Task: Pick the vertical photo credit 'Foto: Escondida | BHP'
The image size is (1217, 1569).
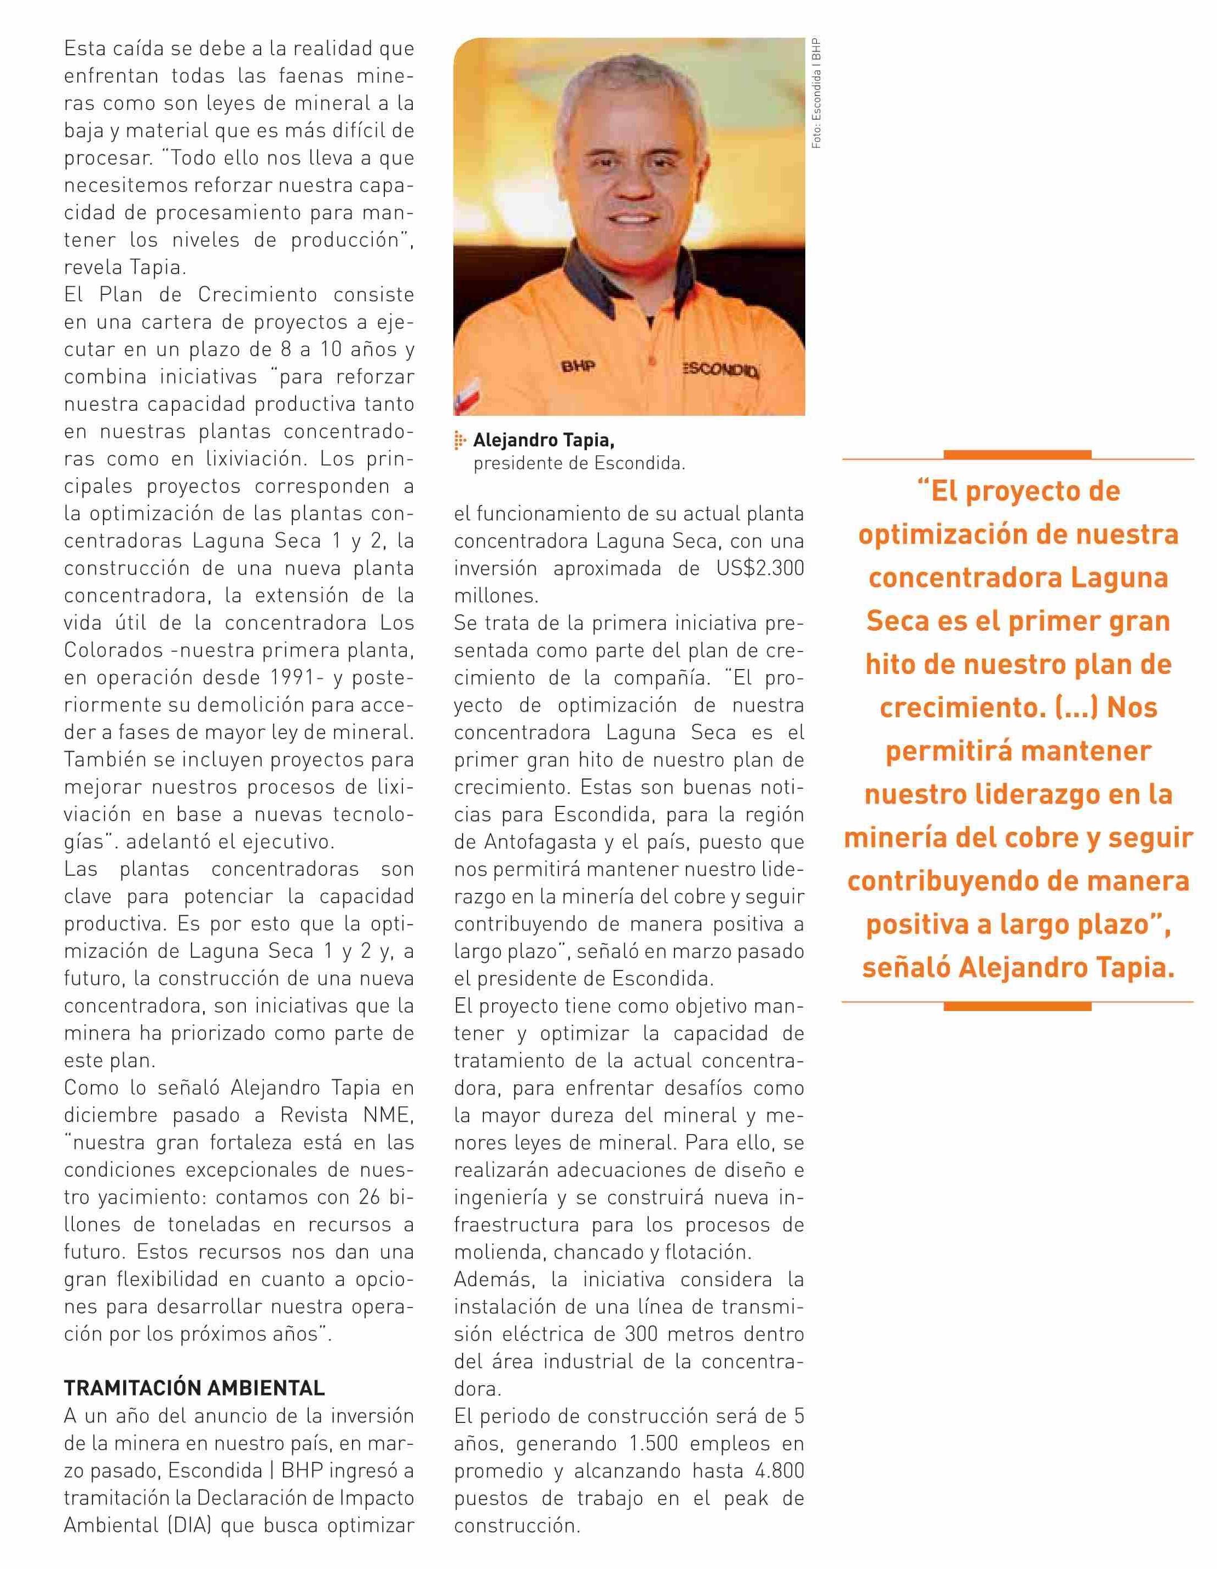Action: click(817, 94)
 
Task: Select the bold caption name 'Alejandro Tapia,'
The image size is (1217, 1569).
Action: click(544, 440)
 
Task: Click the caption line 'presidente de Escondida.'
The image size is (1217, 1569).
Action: click(579, 463)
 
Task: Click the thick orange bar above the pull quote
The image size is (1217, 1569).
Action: click(1017, 454)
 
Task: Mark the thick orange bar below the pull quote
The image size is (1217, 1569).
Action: click(1017, 1007)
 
